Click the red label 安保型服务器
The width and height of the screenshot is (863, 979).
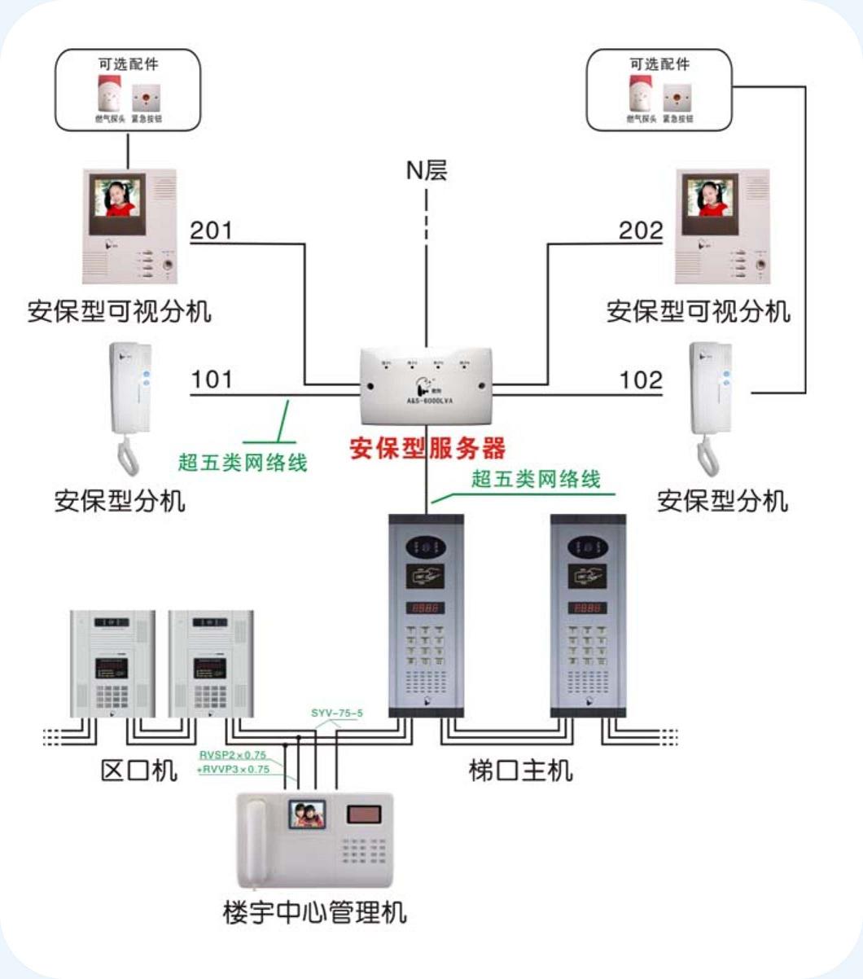427,448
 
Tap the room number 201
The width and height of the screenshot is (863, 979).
211,230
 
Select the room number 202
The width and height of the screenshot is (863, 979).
641,230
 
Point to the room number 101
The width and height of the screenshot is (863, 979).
211,380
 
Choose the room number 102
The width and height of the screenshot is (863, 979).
641,380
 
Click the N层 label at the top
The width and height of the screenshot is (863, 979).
427,170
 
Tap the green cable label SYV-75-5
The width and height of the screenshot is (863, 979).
337,713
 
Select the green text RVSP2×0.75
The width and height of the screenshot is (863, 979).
233,755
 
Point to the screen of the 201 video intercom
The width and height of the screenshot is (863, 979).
117,198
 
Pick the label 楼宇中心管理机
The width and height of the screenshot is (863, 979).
314,911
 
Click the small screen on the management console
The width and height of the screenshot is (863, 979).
305,814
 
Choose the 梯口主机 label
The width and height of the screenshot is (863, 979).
520,770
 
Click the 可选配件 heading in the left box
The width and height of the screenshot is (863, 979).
128,64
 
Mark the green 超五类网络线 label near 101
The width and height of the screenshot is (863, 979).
243,463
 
